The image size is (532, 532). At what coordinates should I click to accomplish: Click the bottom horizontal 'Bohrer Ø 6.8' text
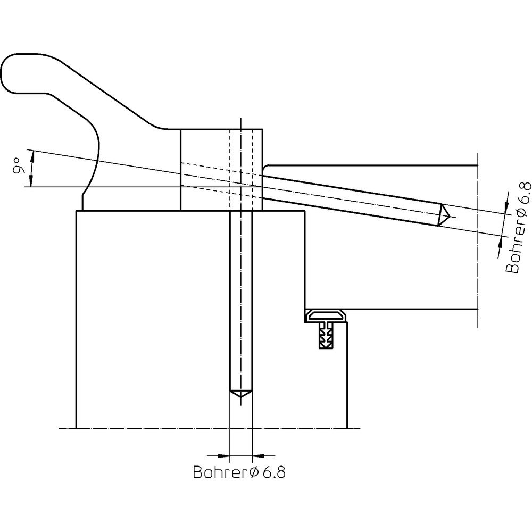(x=239, y=472)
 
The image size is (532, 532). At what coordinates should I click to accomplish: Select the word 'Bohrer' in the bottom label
(x=220, y=472)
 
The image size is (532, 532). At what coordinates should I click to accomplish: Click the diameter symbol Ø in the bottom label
(x=253, y=472)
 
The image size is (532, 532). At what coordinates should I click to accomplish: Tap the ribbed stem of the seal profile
(x=326, y=338)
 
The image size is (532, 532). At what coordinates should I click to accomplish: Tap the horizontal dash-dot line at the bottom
(x=160, y=428)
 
